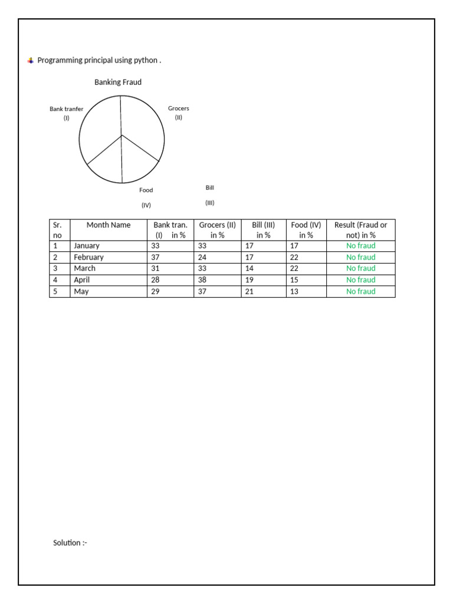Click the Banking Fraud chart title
(x=118, y=83)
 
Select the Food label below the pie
(x=146, y=190)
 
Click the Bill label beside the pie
(x=209, y=188)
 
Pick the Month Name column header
(x=109, y=225)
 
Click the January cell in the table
(x=87, y=246)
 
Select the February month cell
(x=88, y=257)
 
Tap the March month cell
(x=84, y=268)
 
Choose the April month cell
(x=82, y=280)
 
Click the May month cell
(x=81, y=291)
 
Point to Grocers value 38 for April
(x=202, y=280)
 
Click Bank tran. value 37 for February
(x=156, y=257)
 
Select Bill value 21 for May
(x=250, y=291)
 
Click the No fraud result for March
(x=360, y=268)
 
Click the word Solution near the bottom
(x=67, y=543)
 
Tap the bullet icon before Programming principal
(x=31, y=61)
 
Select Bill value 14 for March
(x=250, y=268)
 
